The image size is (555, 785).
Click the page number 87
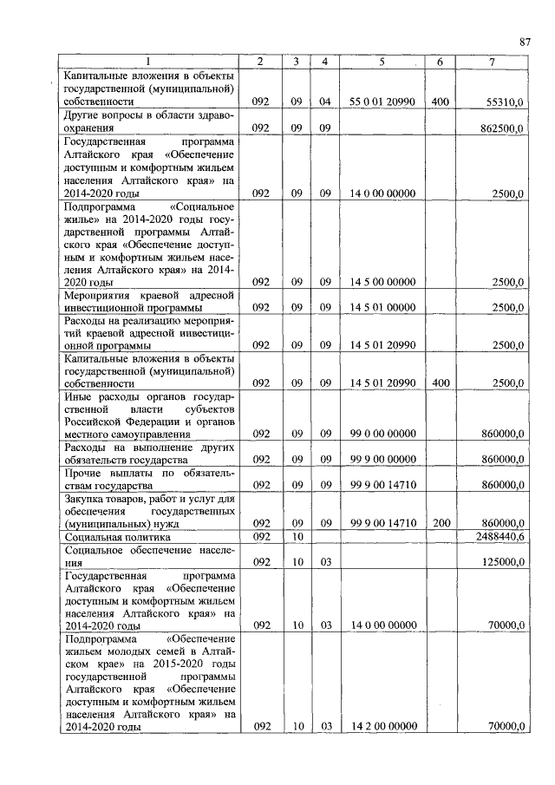pyautogui.click(x=525, y=42)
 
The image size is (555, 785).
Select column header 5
pyautogui.click(x=382, y=62)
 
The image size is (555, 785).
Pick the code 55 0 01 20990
pyautogui.click(x=382, y=102)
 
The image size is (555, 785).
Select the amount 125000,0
pyautogui.click(x=503, y=562)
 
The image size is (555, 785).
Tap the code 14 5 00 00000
pyautogui.click(x=382, y=282)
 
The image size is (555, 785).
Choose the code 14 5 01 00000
pyautogui.click(x=382, y=307)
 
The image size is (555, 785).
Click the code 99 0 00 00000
pyautogui.click(x=382, y=434)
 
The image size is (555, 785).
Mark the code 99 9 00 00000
pyautogui.click(x=382, y=459)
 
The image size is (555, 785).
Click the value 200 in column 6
pyautogui.click(x=440, y=524)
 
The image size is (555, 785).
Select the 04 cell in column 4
pyautogui.click(x=324, y=102)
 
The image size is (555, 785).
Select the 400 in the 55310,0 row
pyautogui.click(x=440, y=102)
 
